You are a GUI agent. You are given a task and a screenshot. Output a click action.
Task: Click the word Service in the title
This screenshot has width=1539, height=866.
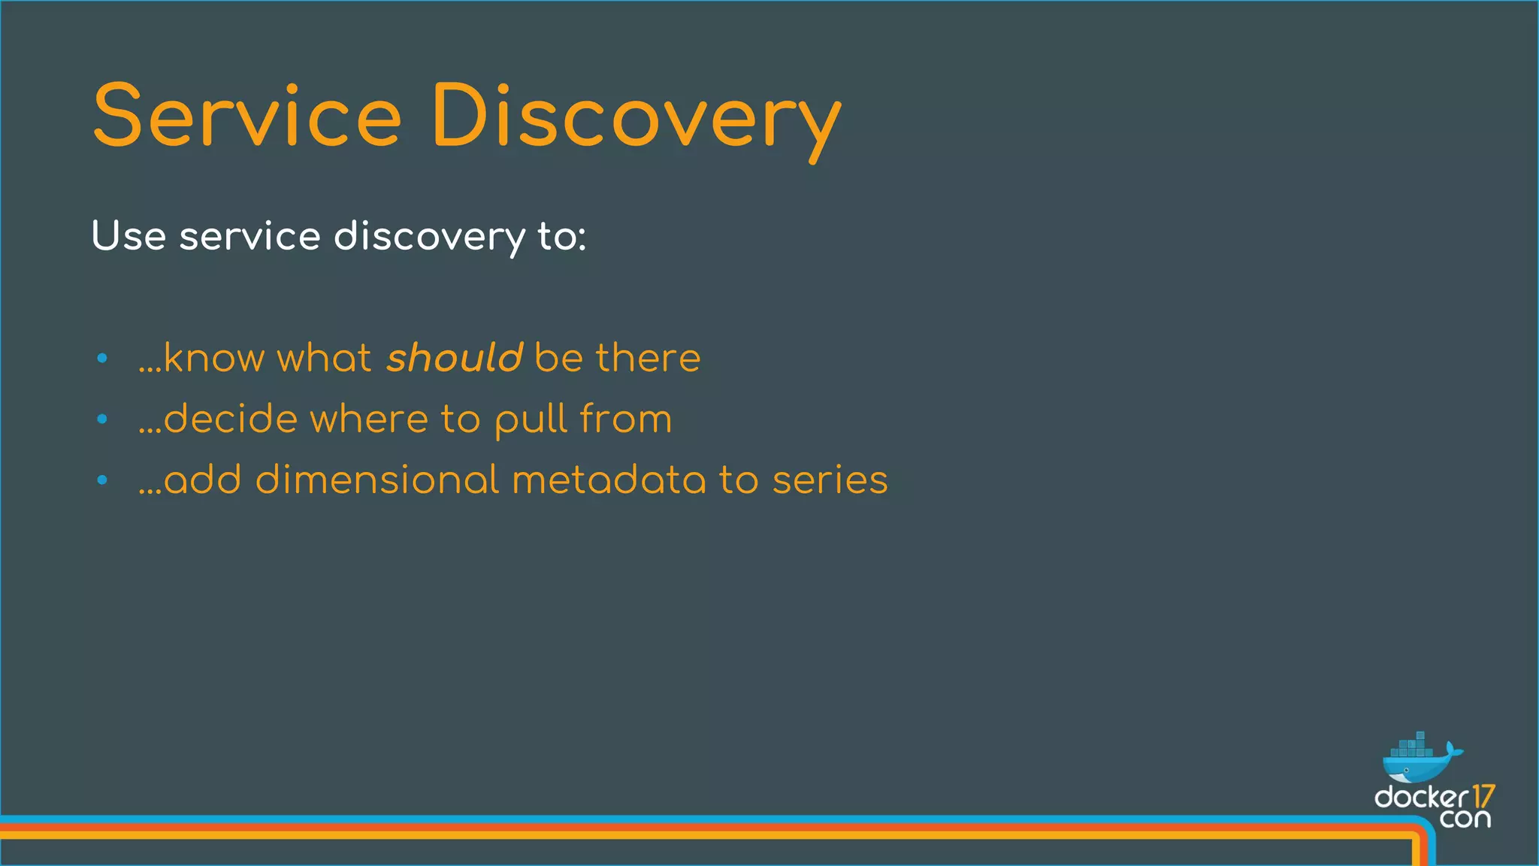pos(247,117)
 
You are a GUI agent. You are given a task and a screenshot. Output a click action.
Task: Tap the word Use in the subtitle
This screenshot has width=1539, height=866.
pos(129,236)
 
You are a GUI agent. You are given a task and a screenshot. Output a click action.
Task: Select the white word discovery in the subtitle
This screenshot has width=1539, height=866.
pos(429,238)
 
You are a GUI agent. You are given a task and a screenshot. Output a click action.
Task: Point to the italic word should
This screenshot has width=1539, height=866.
pos(455,357)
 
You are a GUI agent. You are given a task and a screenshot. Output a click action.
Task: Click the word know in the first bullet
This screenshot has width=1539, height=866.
pos(214,357)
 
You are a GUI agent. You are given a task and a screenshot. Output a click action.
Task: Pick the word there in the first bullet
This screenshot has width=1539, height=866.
pos(648,357)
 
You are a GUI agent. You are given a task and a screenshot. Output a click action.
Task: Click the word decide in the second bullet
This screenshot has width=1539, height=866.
pos(230,419)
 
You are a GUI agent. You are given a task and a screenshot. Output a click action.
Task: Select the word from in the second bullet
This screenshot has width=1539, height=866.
pos(626,419)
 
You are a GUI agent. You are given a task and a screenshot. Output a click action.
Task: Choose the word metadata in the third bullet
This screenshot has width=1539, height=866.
pos(609,480)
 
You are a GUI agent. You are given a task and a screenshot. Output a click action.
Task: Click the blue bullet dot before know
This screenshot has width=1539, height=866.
pos(103,359)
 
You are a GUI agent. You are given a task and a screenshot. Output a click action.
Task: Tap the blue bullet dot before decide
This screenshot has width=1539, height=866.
pos(103,419)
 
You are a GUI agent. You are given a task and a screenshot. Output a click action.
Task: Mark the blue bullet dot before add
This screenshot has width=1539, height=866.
pos(103,480)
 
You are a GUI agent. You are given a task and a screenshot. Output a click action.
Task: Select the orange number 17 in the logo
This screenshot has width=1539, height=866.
pos(1483,796)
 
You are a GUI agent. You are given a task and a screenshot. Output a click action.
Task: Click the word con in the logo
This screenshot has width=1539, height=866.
pos(1465,819)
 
